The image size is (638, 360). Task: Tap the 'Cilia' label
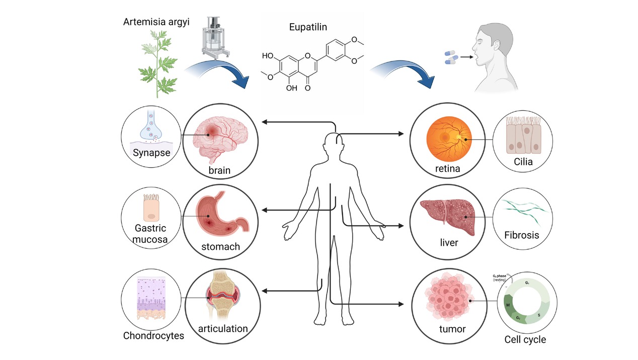(523, 162)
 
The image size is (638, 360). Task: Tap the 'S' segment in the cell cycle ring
(538, 315)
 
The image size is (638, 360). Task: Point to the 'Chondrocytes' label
(153, 335)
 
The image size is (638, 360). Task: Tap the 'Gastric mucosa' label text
(150, 234)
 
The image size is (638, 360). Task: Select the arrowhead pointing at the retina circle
(401, 134)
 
